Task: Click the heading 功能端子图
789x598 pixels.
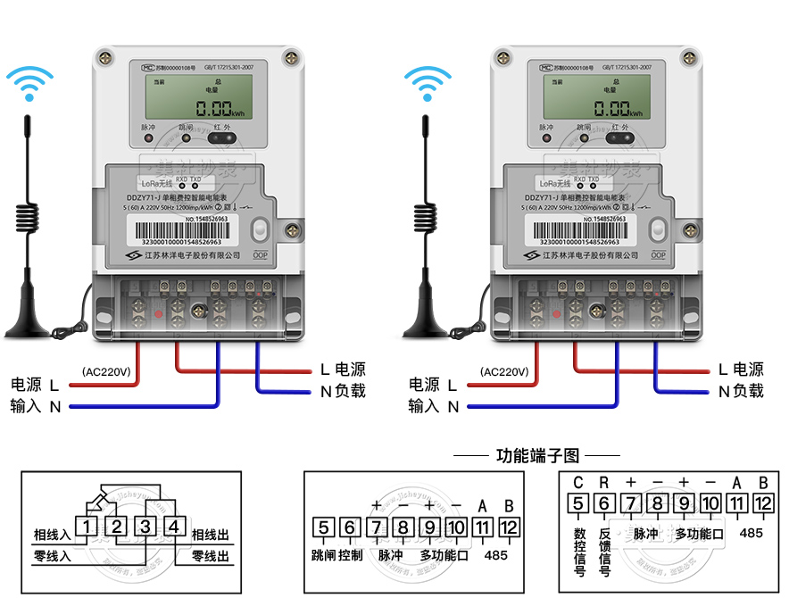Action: pos(537,456)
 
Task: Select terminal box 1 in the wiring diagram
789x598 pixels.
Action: pos(86,527)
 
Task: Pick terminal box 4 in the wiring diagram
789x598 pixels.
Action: pos(176,527)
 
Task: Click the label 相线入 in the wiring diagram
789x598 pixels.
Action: pos(52,535)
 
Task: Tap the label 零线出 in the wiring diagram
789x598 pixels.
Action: pos(211,556)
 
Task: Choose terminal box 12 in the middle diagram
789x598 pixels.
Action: pos(509,527)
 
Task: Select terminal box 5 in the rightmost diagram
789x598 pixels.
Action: pos(577,504)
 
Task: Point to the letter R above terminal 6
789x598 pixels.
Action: pos(604,483)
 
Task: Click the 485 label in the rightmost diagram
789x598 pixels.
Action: pos(752,533)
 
